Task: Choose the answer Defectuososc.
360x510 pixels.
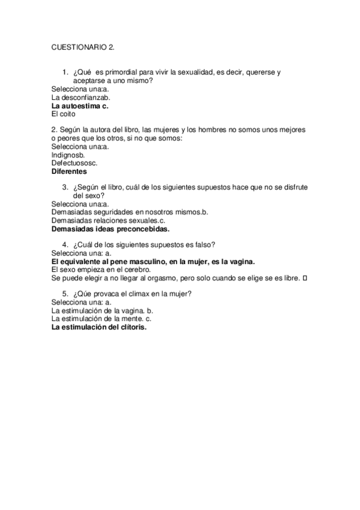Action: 75,162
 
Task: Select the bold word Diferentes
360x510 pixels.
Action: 70,171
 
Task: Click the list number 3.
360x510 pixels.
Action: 65,188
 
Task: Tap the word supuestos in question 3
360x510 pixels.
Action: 213,188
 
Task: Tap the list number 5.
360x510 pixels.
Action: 65,295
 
